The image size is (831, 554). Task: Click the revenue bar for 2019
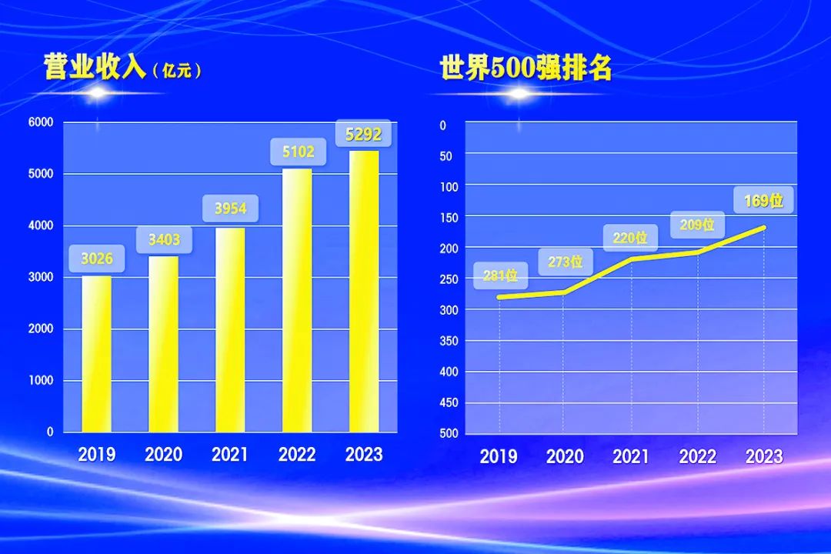97,354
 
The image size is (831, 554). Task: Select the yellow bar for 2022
297,300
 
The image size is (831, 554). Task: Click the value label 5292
363,135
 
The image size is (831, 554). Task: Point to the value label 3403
164,240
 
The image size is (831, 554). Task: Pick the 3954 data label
230,209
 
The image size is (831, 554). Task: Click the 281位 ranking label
500,275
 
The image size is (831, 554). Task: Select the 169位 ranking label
763,202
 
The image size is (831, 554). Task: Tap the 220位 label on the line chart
630,238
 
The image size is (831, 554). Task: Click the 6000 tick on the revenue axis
41,122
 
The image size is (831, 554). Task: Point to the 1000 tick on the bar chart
41,380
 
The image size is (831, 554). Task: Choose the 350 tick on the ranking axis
449,341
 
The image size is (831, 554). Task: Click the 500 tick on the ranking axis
449,433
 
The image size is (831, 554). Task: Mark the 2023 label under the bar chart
364,455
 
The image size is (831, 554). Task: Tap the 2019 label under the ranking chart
499,456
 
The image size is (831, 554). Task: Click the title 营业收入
95,68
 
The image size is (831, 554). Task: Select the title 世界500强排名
526,68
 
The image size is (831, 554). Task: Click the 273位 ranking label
566,262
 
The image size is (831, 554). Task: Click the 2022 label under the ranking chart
698,456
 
